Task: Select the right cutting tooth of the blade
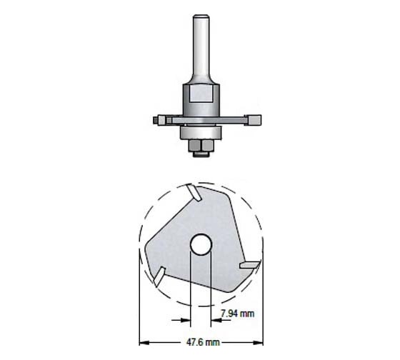[x=249, y=264]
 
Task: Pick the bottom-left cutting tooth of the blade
[x=159, y=274]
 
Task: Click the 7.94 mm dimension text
[x=236, y=314]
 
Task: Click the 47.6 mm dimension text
[x=200, y=342]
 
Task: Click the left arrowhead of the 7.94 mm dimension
[x=187, y=315]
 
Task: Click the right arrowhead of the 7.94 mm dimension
[x=214, y=315]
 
